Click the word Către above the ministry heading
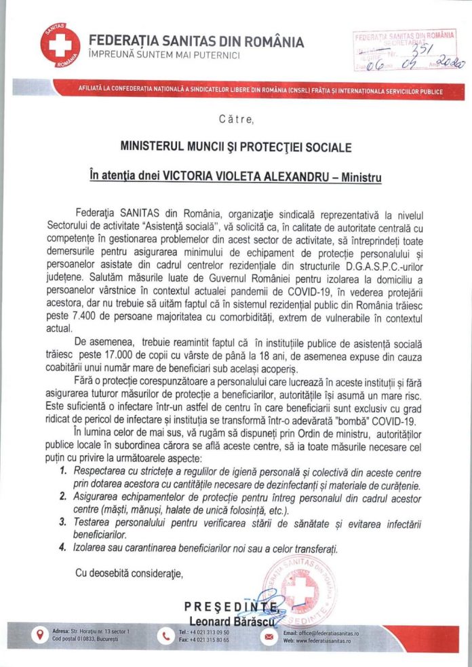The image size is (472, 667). click(x=236, y=120)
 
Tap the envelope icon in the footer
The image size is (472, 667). click(x=269, y=636)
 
